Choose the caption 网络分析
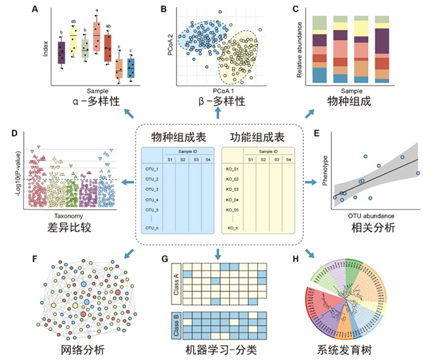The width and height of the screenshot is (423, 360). coord(78,349)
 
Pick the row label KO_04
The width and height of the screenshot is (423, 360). coord(233,201)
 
